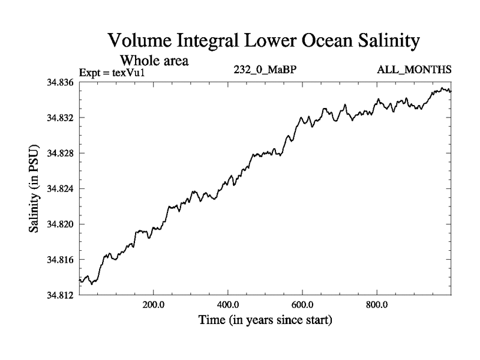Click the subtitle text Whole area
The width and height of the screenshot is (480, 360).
click(155, 60)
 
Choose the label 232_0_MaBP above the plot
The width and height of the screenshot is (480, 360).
click(265, 70)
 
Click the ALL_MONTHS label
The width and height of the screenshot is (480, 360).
click(414, 70)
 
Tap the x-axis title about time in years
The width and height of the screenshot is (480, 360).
click(265, 320)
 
